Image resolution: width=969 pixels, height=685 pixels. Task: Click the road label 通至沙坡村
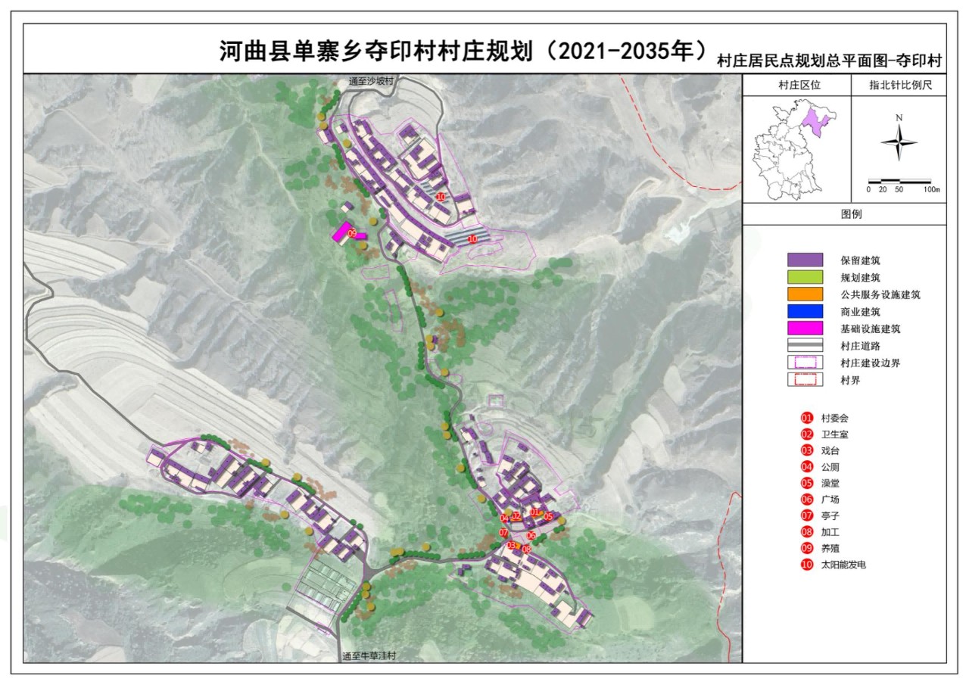(x=371, y=81)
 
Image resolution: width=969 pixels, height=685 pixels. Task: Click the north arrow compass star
(x=899, y=142)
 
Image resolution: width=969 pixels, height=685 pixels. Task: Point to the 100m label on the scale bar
(x=930, y=189)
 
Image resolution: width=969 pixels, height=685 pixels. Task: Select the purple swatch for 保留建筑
(x=805, y=260)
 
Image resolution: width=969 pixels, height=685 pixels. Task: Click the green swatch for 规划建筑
(x=805, y=277)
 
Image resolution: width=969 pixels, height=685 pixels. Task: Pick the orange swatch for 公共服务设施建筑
(x=805, y=294)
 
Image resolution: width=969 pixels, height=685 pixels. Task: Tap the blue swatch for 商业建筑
(x=805, y=312)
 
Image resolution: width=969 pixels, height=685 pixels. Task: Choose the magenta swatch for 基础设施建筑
(x=805, y=329)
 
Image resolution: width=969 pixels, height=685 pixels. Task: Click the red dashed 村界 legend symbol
(x=805, y=380)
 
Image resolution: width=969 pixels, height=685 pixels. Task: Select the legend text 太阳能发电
(x=843, y=565)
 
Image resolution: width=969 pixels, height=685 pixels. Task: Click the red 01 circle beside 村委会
(x=807, y=418)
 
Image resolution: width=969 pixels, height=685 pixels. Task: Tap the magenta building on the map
(x=341, y=232)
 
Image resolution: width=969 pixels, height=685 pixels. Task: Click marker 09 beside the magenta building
(x=352, y=235)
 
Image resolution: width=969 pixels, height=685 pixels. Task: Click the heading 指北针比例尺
(x=899, y=86)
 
